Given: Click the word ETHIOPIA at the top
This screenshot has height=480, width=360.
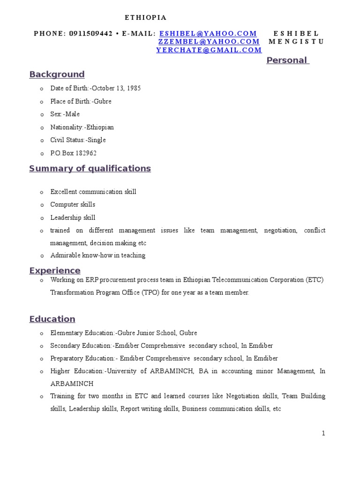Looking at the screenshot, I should (145, 17).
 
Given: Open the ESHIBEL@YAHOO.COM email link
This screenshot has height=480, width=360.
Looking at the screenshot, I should (208, 34).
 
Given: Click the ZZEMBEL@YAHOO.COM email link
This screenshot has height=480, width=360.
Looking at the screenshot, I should (209, 42).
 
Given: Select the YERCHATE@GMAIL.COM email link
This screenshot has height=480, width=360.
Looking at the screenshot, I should (209, 50).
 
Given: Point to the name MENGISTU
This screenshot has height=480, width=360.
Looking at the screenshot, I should (296, 42).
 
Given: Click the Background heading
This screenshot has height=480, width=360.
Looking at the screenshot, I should (57, 75).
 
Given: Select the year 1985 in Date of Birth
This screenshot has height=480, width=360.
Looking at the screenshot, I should (133, 88).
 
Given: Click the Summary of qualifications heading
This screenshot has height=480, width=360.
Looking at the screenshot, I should (90, 169).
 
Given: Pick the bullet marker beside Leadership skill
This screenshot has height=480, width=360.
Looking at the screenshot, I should (41, 218).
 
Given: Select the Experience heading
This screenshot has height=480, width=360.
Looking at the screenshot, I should (55, 270).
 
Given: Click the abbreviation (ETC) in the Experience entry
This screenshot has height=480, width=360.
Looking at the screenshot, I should (315, 280).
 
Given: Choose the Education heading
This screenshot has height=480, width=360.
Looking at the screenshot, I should (52, 319).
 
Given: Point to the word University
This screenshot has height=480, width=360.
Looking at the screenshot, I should (121, 371).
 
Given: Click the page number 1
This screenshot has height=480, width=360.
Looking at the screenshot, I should (323, 434).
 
